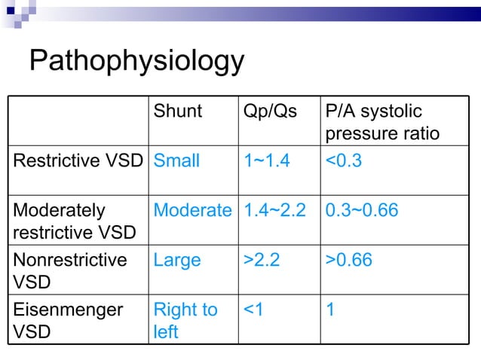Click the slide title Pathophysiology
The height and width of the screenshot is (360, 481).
pos(136,62)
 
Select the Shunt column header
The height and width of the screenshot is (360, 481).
pos(178,111)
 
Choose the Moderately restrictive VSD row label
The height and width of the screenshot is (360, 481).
pos(74,221)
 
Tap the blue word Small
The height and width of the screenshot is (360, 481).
pos(176,160)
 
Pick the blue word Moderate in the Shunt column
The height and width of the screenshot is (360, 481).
pos(192,210)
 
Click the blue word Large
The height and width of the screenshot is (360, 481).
pos(177,260)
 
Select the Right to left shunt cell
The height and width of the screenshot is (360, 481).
pos(185,320)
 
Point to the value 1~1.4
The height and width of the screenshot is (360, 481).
pos(266,160)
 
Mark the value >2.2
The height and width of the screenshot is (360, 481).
pos(262,260)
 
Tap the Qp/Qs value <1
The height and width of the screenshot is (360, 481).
pos(253,310)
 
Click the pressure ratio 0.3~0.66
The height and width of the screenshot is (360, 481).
pos(361,210)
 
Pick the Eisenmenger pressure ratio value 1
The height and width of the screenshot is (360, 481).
pos(329,310)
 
